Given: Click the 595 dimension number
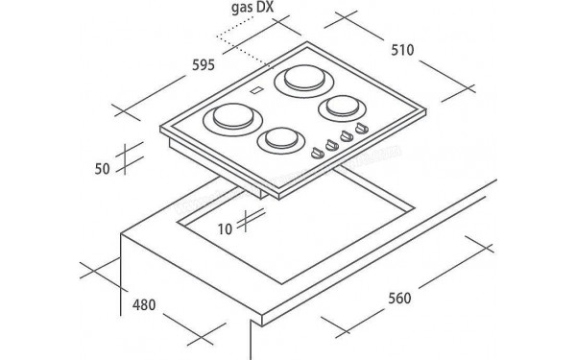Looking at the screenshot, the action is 204,65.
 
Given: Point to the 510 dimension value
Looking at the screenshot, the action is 402,50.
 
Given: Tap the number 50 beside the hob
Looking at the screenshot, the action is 102,169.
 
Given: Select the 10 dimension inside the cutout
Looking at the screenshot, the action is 225,229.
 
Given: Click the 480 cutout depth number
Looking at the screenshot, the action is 144,305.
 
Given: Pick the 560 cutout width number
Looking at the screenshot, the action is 399,298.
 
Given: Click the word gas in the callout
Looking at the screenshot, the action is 241,8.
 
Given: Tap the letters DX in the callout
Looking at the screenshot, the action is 265,8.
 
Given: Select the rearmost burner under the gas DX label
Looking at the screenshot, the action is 304,81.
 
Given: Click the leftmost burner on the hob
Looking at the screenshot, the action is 233,119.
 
